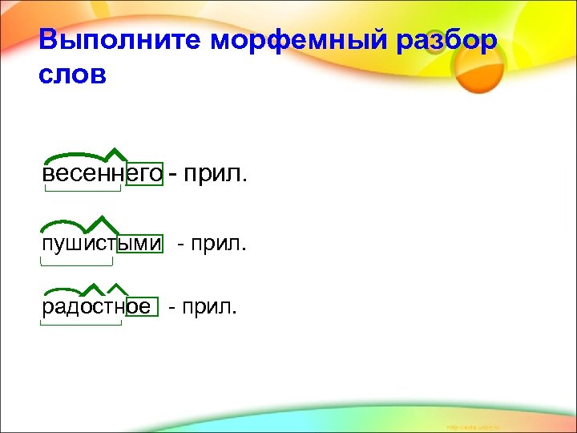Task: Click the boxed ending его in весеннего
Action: click(144, 173)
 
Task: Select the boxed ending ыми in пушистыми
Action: click(140, 243)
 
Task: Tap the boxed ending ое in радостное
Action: click(136, 307)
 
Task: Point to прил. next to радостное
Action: click(208, 307)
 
